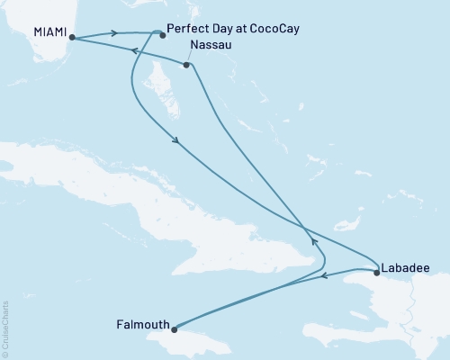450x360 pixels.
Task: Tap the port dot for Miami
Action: (70, 39)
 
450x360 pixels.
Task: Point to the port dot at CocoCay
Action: (163, 34)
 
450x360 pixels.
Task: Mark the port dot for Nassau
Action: (185, 66)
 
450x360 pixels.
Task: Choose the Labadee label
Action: (404, 267)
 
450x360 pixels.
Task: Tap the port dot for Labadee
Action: (375, 271)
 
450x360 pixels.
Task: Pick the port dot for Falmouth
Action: (175, 328)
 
